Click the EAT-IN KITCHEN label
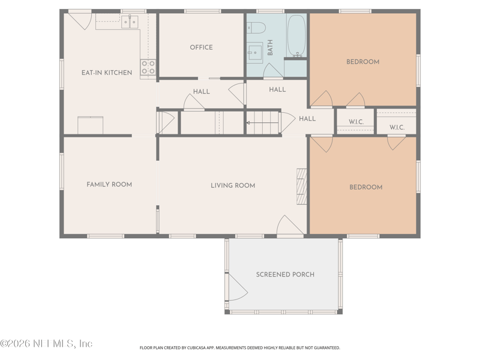[x=107, y=73]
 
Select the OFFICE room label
[x=201, y=47]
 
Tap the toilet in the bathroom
[x=256, y=28]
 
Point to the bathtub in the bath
[x=296, y=35]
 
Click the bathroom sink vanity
[x=254, y=52]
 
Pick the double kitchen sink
[x=129, y=23]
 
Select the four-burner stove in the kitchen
[x=148, y=67]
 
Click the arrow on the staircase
[x=262, y=122]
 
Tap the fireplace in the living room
[x=301, y=186]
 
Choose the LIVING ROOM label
[x=233, y=185]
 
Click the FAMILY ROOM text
[x=109, y=184]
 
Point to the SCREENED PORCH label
[x=285, y=274]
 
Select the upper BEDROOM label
[x=362, y=62]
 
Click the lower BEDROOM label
[x=365, y=187]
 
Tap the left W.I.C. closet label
[x=356, y=122]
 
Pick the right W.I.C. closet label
[x=397, y=127]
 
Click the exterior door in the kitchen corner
[x=79, y=20]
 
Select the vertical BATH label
[x=270, y=48]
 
